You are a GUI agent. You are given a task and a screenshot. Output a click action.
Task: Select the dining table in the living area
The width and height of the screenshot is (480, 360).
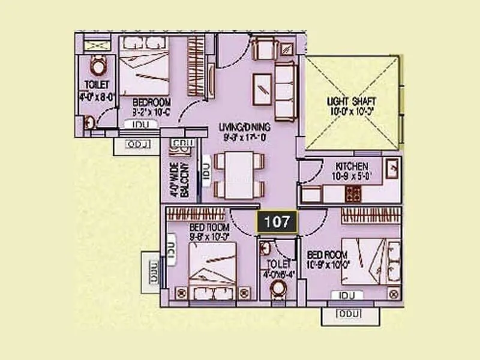tap(238, 175)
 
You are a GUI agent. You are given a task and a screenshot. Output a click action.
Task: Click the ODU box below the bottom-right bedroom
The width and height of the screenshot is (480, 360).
tap(346, 314)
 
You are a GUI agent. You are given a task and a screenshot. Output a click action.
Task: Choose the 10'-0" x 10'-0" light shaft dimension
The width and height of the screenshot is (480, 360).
tap(351, 111)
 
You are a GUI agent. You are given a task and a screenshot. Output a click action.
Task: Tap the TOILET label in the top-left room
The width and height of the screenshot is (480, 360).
tap(97, 85)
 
